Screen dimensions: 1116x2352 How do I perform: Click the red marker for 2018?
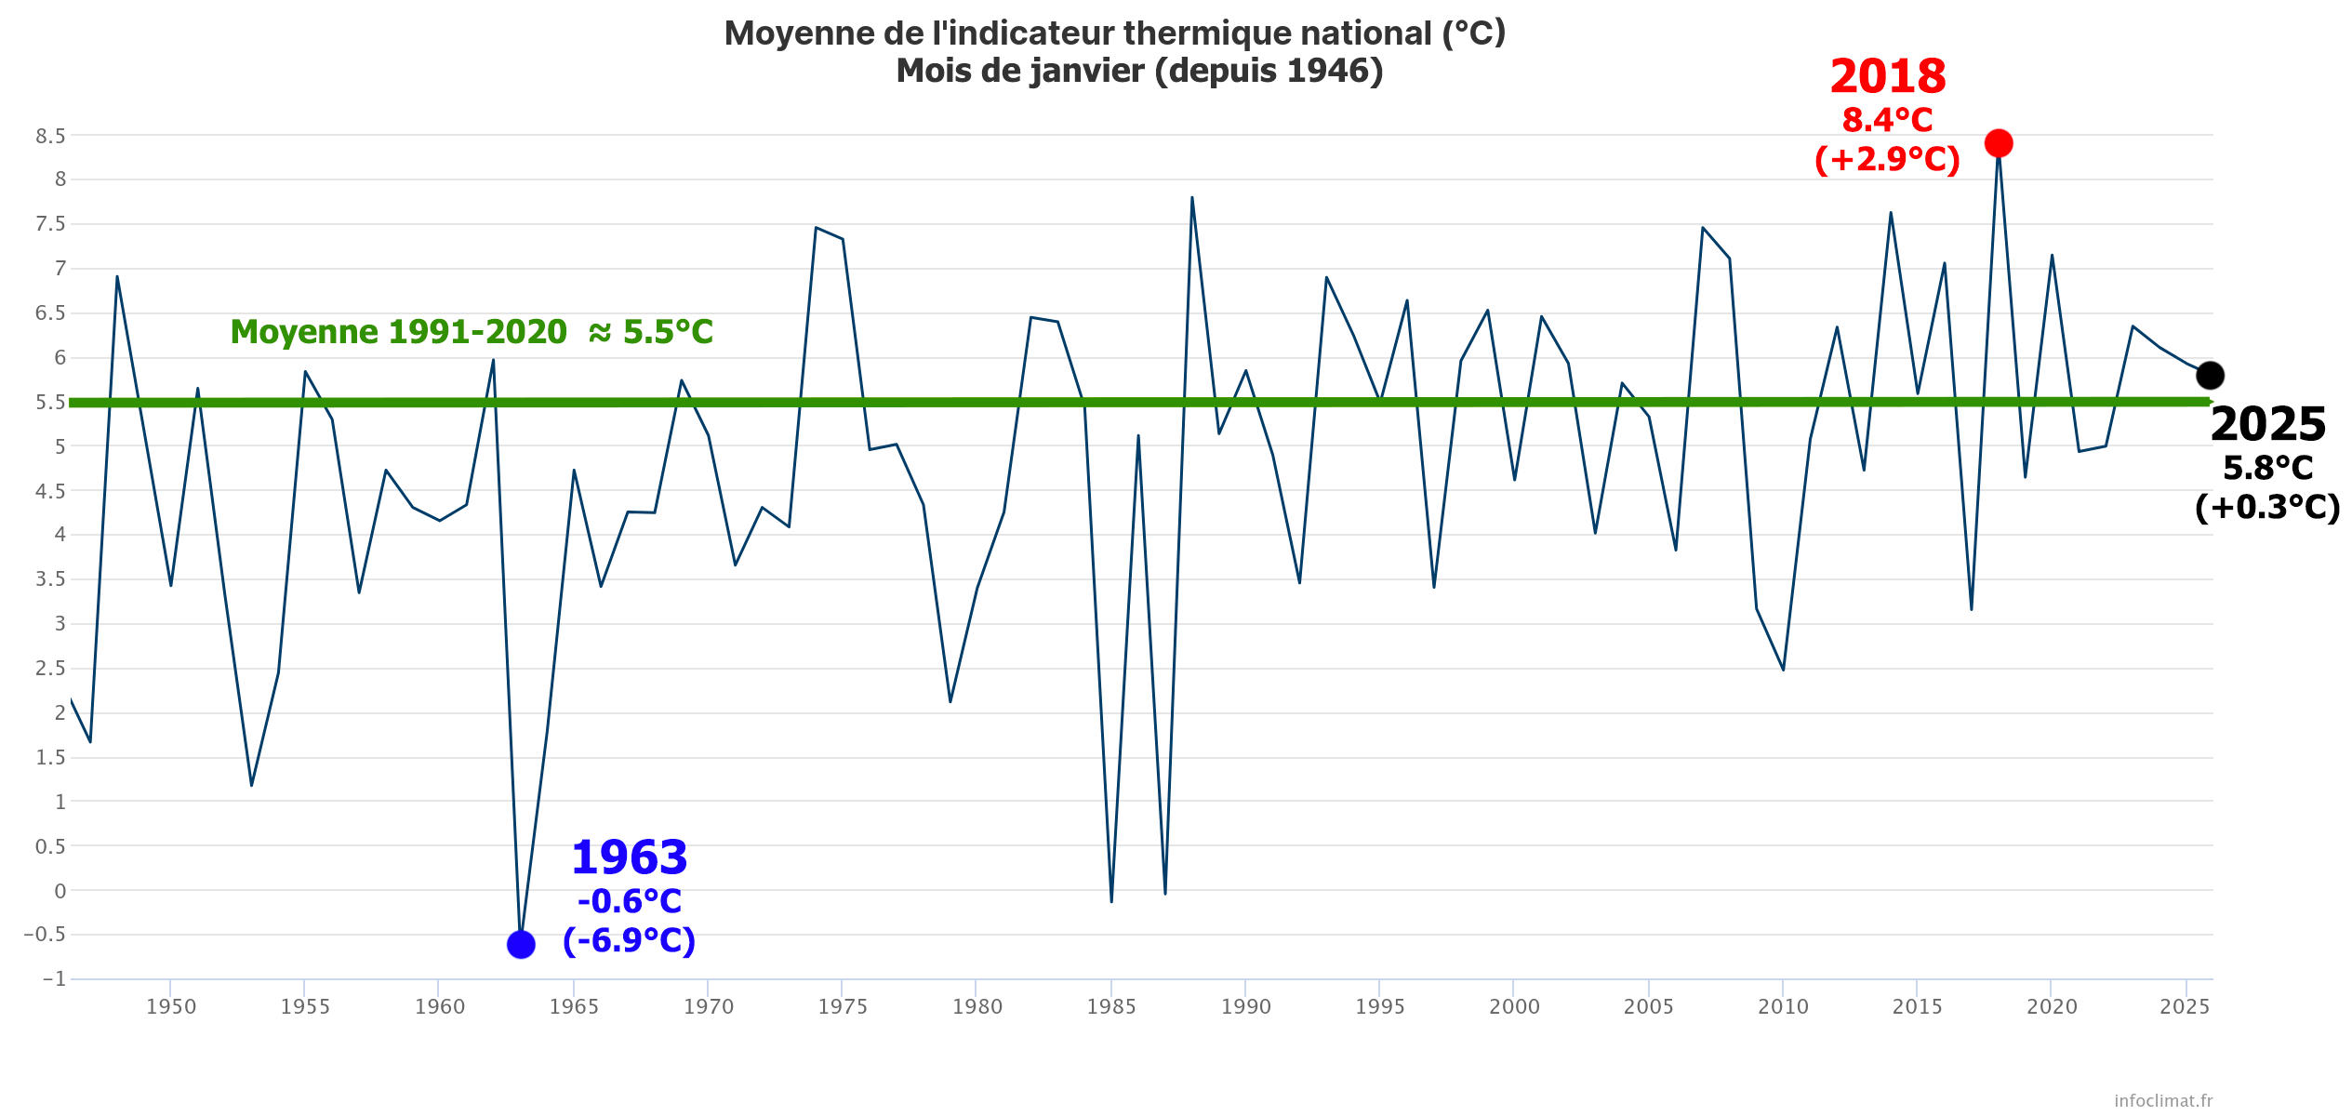(1998, 143)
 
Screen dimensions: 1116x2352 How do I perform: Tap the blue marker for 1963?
(521, 945)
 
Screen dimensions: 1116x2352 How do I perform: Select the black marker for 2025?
(2210, 376)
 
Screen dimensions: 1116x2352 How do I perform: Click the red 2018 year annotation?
(1887, 76)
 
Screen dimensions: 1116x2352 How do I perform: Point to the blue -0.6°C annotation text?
(630, 901)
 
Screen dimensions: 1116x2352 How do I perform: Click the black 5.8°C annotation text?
(2267, 468)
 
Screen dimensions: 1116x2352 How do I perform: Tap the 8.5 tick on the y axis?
(51, 136)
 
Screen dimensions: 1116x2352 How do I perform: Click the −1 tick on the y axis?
(54, 978)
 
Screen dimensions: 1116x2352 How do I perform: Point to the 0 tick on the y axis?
(60, 891)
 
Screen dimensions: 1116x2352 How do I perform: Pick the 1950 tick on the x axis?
(171, 1006)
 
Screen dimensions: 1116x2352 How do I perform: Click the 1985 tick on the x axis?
(1111, 1006)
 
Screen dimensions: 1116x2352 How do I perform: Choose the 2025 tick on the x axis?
(2185, 1006)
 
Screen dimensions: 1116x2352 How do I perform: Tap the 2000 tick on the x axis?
(1514, 1006)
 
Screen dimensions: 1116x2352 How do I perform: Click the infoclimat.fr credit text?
(2163, 1100)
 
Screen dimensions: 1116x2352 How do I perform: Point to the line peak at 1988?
(1191, 197)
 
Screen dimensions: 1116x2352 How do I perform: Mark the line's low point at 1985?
(1111, 901)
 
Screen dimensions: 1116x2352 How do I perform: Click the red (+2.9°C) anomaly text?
(1887, 159)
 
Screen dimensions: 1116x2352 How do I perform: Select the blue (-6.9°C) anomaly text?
(630, 940)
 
